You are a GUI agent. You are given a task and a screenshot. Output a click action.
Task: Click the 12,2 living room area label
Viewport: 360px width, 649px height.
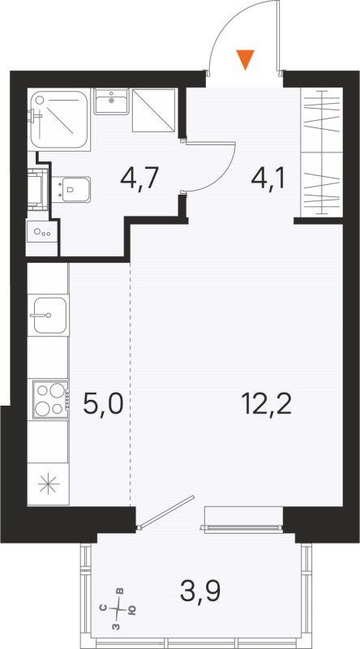pos(265,402)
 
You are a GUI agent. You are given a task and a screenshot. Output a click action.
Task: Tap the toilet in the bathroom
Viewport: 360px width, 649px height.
pos(75,190)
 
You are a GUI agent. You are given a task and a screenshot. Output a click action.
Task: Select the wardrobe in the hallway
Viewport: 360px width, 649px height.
pos(319,154)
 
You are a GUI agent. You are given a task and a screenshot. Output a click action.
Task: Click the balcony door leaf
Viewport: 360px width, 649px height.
pos(165,511)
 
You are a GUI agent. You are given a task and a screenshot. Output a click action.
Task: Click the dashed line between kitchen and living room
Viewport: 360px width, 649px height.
pos(130,381)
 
